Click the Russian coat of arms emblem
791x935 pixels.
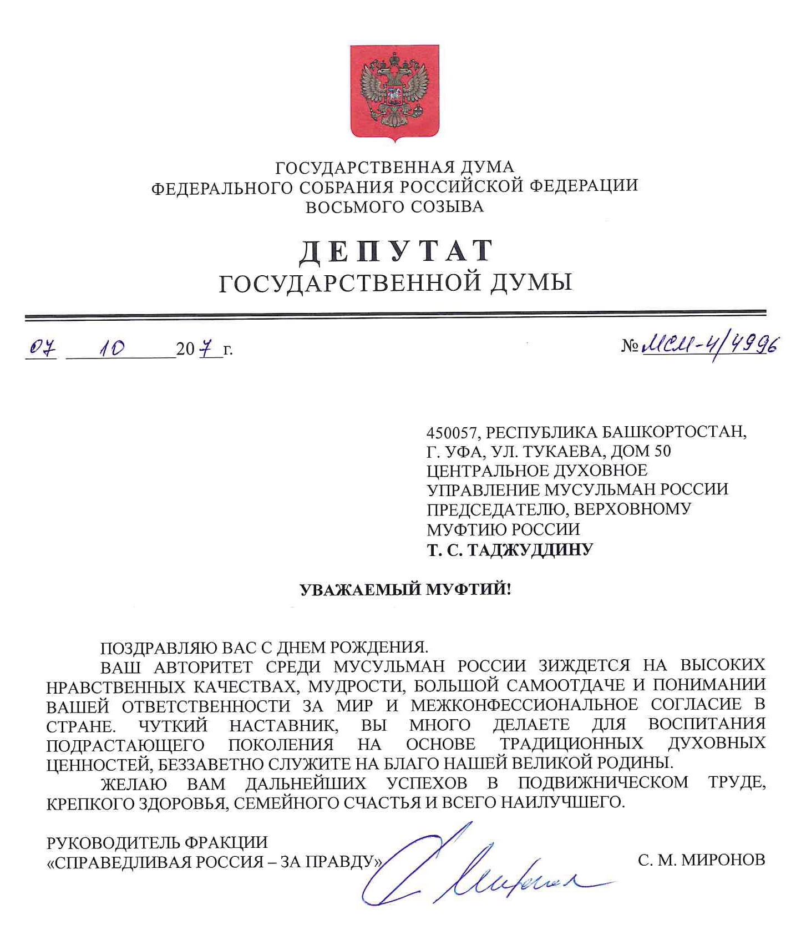tap(394, 91)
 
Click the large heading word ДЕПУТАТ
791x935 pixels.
tap(395, 251)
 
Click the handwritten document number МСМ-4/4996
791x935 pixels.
tap(708, 347)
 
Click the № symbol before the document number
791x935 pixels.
tap(630, 347)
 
